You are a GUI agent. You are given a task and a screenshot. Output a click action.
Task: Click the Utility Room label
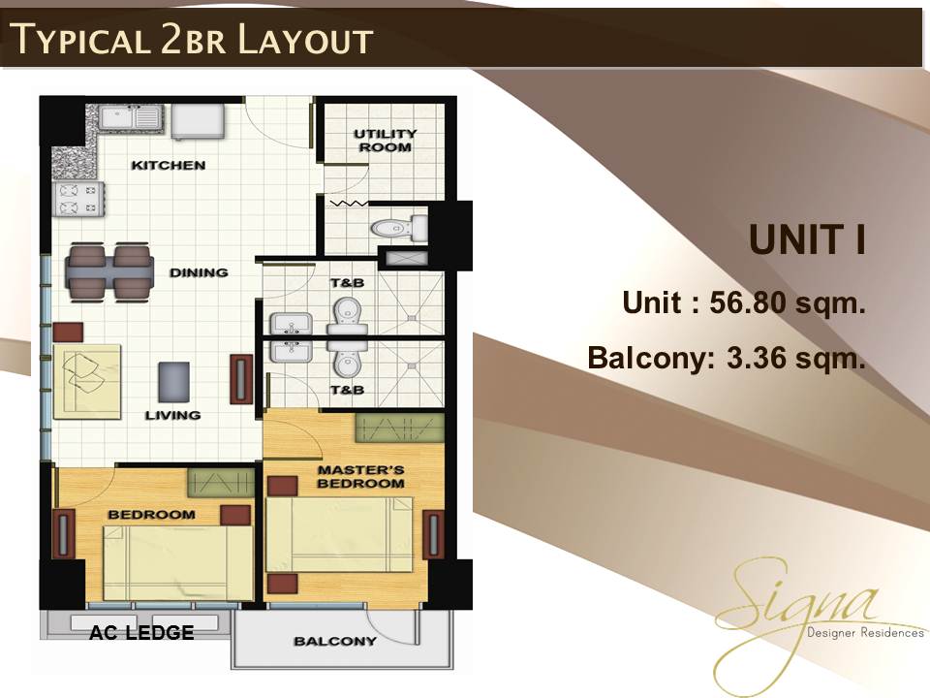point(386,141)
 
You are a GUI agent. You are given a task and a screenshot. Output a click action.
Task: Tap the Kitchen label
point(169,165)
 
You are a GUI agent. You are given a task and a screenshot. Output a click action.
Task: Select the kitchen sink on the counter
point(130,117)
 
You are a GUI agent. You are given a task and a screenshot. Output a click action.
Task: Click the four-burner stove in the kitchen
point(78,199)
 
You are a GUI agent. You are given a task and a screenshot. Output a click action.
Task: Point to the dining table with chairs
point(109,271)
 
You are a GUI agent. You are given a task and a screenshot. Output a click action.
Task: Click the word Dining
point(199,272)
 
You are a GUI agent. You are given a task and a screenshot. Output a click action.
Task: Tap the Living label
point(172,415)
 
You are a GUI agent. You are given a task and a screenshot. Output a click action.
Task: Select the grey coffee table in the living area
point(174,382)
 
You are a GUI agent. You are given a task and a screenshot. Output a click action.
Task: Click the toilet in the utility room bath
point(399,228)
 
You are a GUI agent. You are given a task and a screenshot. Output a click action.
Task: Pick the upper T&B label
point(347,282)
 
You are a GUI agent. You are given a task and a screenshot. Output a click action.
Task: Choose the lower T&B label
point(347,390)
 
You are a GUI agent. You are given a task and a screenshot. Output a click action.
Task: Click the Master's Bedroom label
point(360,477)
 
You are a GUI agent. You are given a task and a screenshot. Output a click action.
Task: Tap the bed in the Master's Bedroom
point(339,535)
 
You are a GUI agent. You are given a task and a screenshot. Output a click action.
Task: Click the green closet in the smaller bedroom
point(221,483)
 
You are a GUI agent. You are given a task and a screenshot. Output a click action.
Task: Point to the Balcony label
point(335,641)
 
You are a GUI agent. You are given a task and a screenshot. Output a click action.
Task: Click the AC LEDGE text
point(141,633)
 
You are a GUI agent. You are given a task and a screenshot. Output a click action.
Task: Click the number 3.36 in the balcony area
point(756,358)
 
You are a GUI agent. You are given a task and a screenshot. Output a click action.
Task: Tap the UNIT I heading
point(807,239)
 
